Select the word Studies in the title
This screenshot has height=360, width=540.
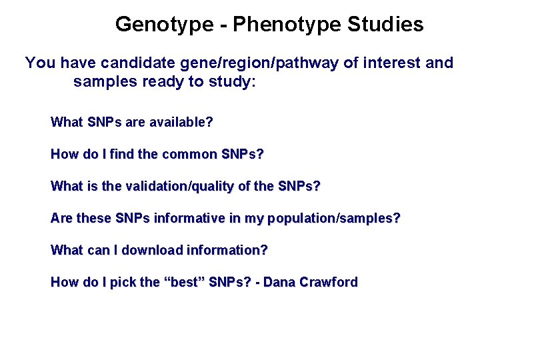pyautogui.click(x=385, y=25)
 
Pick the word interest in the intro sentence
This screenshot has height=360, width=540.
pyautogui.click(x=387, y=63)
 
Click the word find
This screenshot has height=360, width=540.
pyautogui.click(x=122, y=155)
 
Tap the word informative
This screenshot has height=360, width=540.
pyautogui.click(x=189, y=219)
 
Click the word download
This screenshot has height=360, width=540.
pyautogui.click(x=152, y=251)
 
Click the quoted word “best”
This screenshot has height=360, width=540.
pyautogui.click(x=184, y=283)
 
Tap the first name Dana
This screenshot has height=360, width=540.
pyautogui.click(x=279, y=283)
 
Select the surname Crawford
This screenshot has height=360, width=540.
pyautogui.click(x=328, y=283)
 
